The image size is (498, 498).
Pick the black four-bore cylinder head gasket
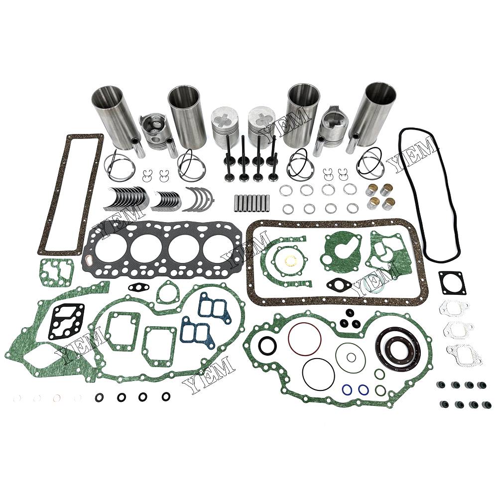[x=163, y=249]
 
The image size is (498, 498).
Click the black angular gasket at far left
[x=66, y=321]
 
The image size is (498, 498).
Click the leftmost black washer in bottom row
[x=100, y=397]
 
